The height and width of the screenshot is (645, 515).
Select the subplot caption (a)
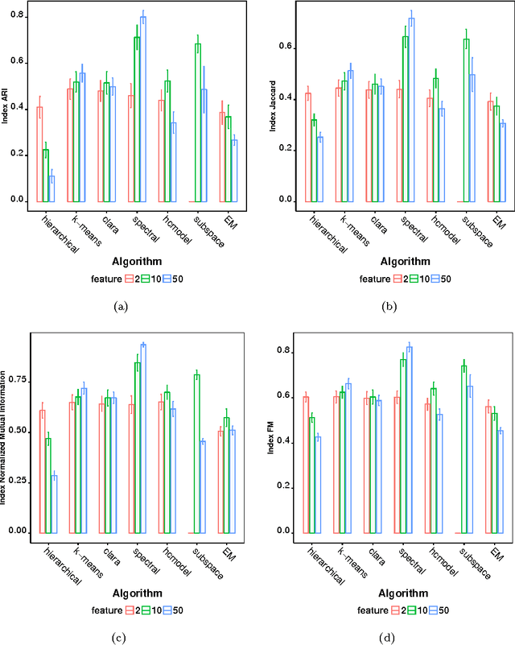click(x=122, y=305)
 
